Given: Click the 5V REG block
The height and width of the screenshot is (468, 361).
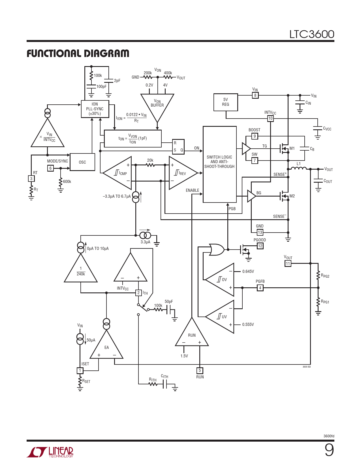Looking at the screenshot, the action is tap(226, 102).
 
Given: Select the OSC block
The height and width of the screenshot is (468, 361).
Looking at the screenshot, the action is tap(82, 162).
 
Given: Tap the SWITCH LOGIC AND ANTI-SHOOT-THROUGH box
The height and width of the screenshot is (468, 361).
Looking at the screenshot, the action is tap(219, 164).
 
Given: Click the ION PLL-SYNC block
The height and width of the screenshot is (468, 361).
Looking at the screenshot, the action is tap(95, 109).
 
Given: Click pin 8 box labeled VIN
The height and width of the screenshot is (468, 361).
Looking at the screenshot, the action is tap(255, 95).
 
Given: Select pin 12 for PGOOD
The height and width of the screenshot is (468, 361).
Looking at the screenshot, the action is tap(260, 246).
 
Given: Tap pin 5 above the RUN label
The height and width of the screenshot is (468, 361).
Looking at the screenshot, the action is tap(200, 370).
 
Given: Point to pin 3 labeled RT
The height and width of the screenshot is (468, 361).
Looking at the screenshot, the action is tap(31, 178).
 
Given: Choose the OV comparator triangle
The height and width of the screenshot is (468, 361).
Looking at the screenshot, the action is tap(220, 280).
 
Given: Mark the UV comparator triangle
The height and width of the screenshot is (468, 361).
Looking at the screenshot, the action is tap(220, 317).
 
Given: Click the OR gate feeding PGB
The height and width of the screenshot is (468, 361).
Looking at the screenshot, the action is tap(217, 250).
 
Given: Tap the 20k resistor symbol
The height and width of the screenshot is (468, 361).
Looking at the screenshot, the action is tap(150, 165).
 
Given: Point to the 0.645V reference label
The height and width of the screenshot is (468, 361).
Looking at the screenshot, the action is tap(248, 271).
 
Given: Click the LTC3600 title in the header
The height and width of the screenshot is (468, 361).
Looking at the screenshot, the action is tap(312, 34).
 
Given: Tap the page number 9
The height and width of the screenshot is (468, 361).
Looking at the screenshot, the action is tap(329, 450).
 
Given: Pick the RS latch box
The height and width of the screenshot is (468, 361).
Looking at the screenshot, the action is tap(178, 147).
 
